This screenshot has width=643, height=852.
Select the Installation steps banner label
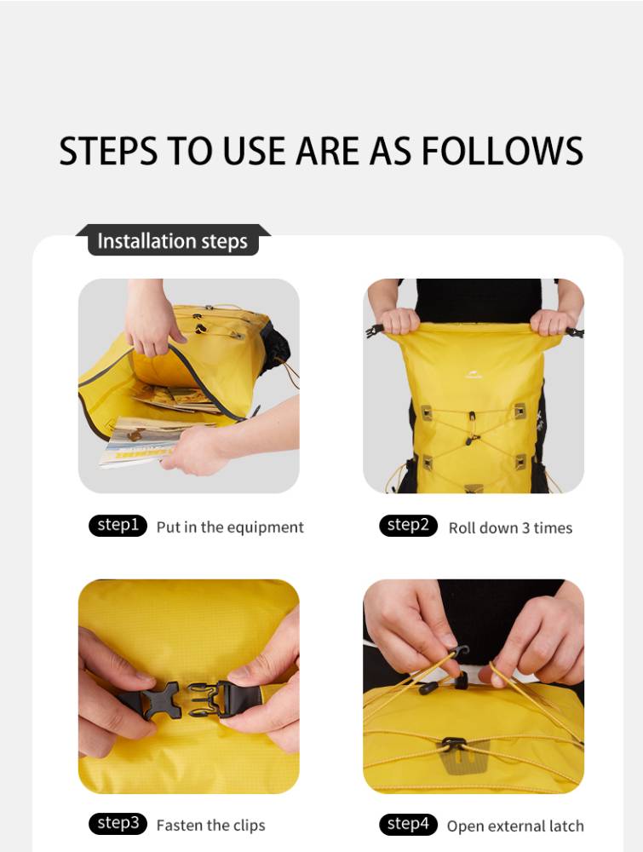coord(173,241)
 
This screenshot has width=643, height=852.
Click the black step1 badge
coord(118,526)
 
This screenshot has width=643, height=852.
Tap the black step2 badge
coord(409,526)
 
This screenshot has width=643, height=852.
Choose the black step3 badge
coord(118,824)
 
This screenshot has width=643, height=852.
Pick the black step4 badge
coord(409,824)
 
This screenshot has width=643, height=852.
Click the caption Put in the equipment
coord(230,527)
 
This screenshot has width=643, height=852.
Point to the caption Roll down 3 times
coord(510,528)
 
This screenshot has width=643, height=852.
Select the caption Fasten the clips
coord(210,826)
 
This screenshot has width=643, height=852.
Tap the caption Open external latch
coord(515,826)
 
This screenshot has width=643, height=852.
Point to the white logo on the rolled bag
coord(474,375)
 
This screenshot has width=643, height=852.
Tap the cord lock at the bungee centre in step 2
coord(473,429)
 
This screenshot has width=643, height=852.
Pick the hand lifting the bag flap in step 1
coord(149,319)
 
